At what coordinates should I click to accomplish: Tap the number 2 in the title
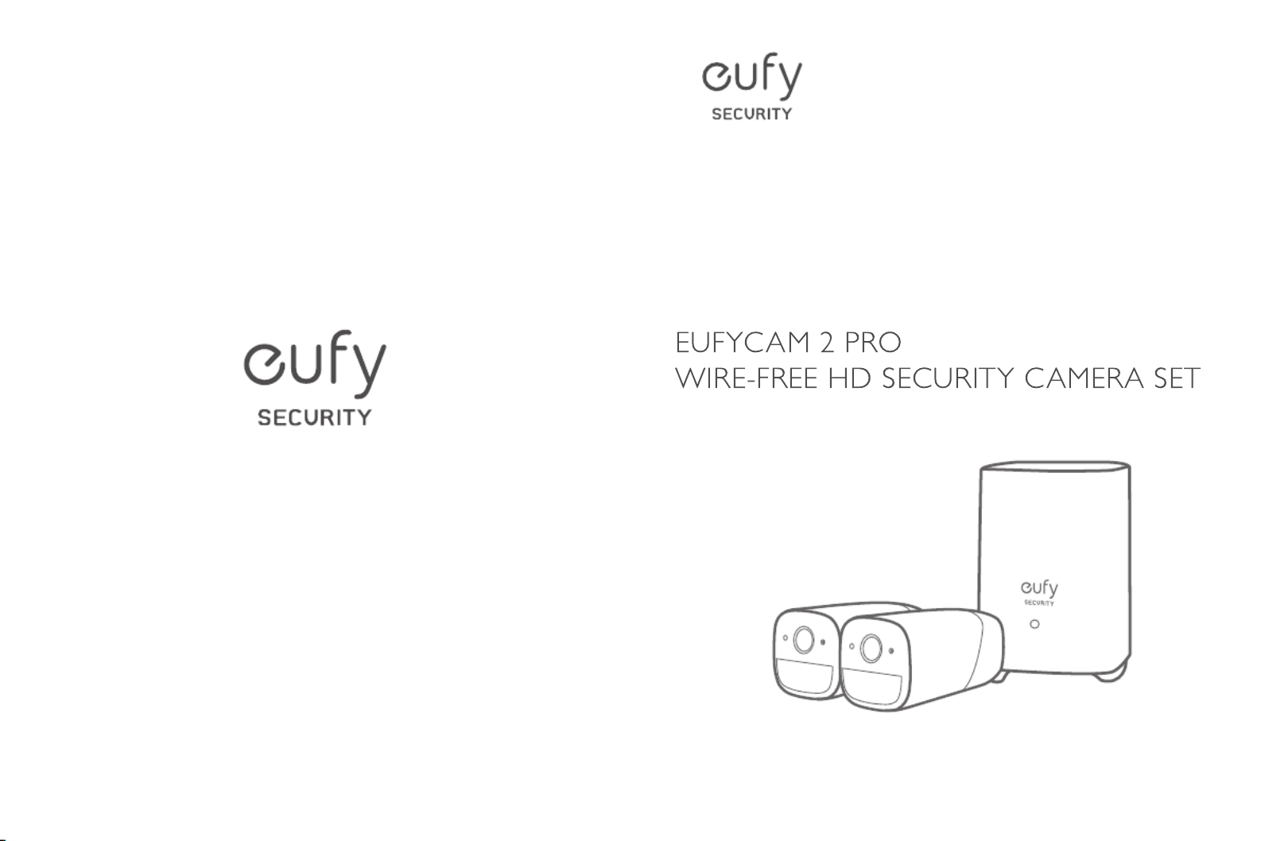point(827,343)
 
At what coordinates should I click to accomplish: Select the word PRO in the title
point(873,343)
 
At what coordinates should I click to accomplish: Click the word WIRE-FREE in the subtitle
point(745,378)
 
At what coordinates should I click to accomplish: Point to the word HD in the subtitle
point(850,378)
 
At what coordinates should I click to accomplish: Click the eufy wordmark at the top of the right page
point(751,78)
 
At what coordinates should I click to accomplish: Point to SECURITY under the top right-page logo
point(751,114)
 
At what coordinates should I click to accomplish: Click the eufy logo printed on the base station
point(1038,589)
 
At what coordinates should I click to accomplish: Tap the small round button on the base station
point(1034,624)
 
